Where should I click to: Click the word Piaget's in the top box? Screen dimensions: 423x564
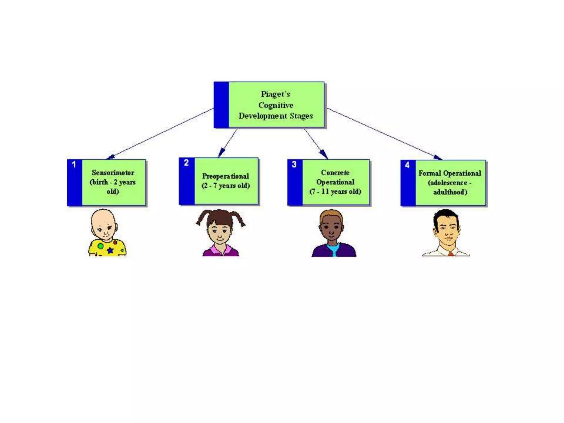click(275, 94)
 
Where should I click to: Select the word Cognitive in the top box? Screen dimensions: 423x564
click(276, 105)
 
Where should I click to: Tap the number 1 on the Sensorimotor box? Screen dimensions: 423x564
click(74, 164)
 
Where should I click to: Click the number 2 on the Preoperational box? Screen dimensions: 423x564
click(186, 163)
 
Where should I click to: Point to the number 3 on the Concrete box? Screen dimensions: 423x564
click(294, 164)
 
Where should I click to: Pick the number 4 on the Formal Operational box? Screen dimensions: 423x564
click(407, 165)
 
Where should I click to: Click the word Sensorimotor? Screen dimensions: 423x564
click(113, 173)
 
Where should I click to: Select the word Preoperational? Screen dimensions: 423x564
click(226, 176)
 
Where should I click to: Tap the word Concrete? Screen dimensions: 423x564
click(335, 173)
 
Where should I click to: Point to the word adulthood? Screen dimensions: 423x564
click(450, 192)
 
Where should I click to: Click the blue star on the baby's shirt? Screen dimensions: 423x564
click(110, 250)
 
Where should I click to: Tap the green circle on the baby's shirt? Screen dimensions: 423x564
click(101, 246)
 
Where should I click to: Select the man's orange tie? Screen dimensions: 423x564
click(451, 254)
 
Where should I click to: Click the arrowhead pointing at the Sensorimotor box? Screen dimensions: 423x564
click(110, 157)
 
